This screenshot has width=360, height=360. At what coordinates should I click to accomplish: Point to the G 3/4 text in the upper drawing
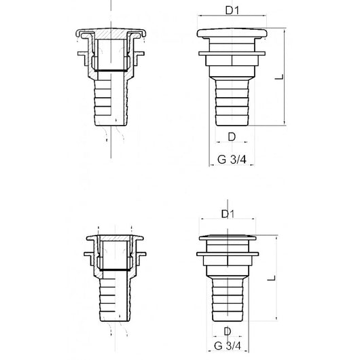point(232,160)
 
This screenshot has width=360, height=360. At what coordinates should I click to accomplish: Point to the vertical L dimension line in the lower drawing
point(276,278)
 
